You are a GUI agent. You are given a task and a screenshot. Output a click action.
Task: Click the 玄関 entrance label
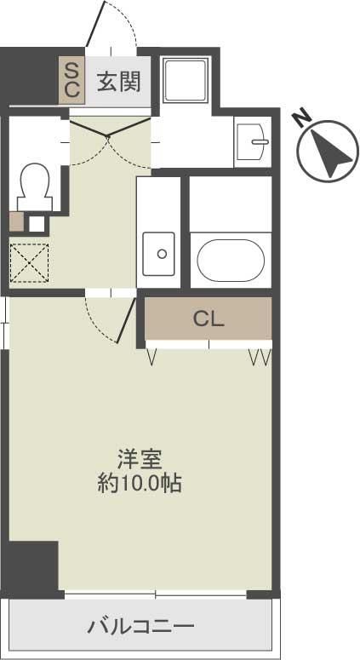[x=117, y=83]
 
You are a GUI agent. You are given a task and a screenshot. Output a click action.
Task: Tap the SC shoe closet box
[x=71, y=78]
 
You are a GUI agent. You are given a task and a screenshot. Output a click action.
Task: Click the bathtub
[x=230, y=260]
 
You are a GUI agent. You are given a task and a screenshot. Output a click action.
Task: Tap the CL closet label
[x=209, y=319]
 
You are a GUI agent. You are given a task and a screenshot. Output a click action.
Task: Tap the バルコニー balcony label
[x=141, y=628]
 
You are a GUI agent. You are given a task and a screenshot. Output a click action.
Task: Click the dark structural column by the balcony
[x=32, y=566]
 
